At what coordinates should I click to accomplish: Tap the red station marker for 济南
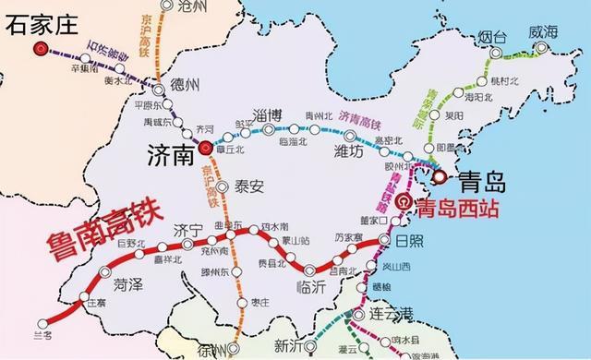click(205, 147)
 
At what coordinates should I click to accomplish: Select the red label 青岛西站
click(458, 208)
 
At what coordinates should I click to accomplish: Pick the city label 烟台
click(494, 38)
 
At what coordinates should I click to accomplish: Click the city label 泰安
click(249, 186)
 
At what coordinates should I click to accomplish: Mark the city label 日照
click(413, 241)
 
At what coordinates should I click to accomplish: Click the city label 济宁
click(187, 230)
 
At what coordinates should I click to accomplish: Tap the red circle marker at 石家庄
click(38, 52)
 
